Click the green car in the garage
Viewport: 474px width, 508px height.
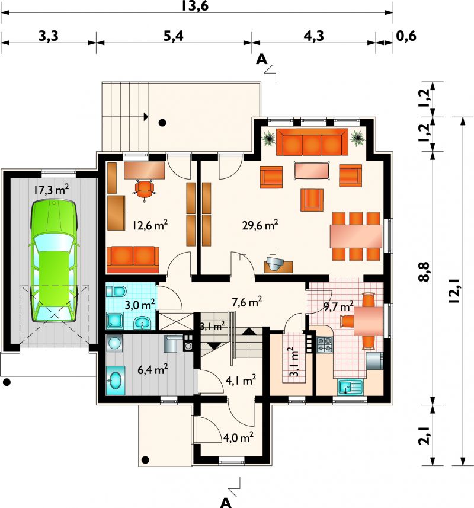pos(54,261)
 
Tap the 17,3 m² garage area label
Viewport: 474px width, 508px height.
pos(51,190)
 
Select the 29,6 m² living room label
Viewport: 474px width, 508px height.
pos(260,225)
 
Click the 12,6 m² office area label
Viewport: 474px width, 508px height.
pos(150,225)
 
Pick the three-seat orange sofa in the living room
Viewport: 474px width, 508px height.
pos(312,142)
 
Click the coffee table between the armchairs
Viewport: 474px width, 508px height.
pos(312,171)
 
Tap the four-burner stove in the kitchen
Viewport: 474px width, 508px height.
pos(324,344)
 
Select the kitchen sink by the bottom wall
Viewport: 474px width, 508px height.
pos(351,387)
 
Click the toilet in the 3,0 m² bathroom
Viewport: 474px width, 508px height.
pos(116,291)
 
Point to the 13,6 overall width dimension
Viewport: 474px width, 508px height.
pos(194,6)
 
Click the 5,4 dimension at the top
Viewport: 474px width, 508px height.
pos(173,36)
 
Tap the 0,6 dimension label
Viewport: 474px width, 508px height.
pos(406,36)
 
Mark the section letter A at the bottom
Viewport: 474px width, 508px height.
pos(226,503)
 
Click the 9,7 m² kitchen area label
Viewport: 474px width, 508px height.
pos(338,305)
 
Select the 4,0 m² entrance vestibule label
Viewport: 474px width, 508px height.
pos(238,437)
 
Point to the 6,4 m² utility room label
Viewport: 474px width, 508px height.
pos(152,369)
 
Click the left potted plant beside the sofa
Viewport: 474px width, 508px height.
pos(269,138)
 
